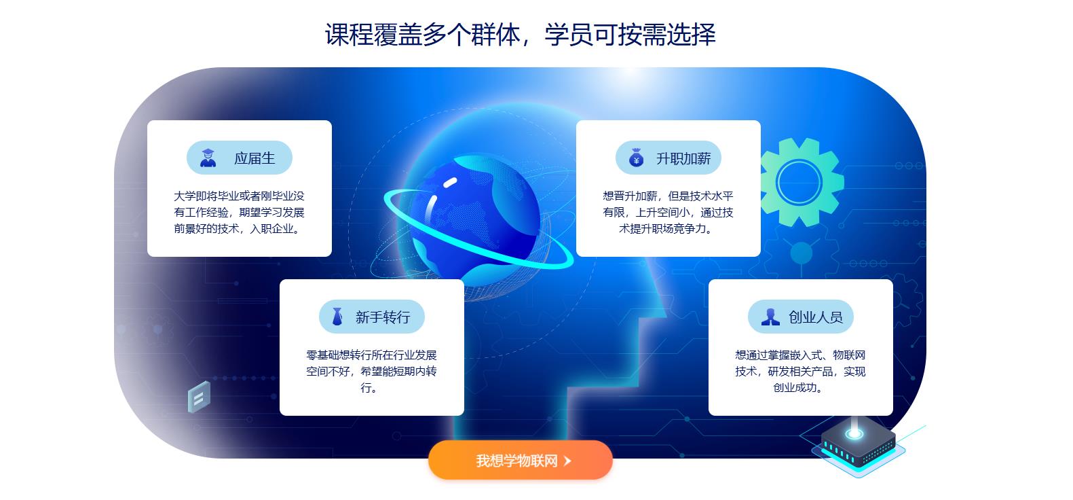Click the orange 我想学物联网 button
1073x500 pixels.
[521, 460]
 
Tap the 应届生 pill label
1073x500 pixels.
[240, 158]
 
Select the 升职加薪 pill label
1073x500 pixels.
[669, 158]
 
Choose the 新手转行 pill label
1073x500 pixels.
[372, 317]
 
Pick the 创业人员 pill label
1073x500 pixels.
[800, 317]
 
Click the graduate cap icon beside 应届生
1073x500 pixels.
[208, 158]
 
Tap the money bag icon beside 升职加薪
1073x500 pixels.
[636, 158]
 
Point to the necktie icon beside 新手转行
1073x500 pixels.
[337, 317]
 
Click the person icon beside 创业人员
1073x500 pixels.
[770, 317]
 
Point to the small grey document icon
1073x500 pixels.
[199, 397]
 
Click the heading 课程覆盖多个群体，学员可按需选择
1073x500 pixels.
[521, 35]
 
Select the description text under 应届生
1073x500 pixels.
[239, 213]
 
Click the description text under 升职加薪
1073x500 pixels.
[668, 213]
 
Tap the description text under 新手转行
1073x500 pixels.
[371, 372]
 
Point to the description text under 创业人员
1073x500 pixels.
[800, 372]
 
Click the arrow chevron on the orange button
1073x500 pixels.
[567, 461]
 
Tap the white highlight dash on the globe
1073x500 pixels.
[450, 183]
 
